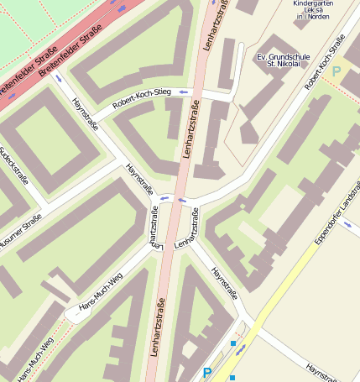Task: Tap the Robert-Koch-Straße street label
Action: [325, 63]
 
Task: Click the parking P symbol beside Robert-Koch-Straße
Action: [337, 71]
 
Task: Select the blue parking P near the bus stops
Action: [207, 372]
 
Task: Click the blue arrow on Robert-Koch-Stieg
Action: [182, 91]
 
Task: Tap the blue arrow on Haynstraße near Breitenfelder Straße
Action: [58, 79]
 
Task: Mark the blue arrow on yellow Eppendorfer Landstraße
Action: [242, 348]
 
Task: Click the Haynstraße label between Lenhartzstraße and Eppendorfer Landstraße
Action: [227, 283]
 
